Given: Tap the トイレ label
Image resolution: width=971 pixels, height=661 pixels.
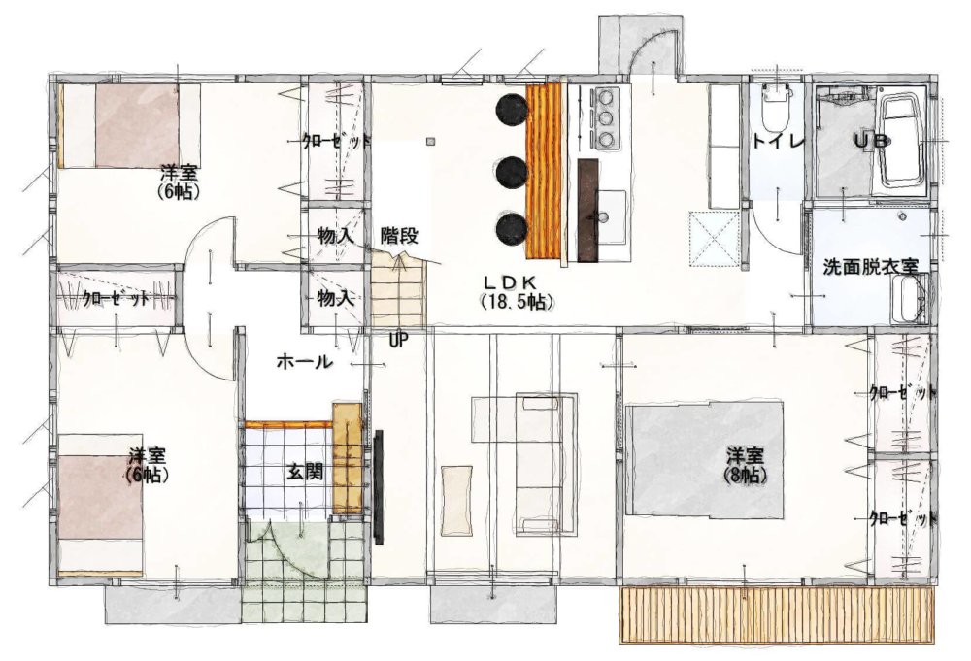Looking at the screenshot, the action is pos(778,141).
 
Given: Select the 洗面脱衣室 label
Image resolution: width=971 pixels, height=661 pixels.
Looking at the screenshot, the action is pos(870,267).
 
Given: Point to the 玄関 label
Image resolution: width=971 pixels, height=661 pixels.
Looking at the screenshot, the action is pos(303,473).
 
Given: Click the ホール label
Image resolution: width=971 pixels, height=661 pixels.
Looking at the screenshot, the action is pos(304,361).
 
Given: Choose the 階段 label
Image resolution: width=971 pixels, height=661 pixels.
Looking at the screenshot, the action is pos(399,235).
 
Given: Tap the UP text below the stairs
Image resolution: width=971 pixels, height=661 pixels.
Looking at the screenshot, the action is pos(398,340).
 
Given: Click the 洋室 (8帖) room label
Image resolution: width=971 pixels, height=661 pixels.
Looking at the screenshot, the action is pos(745,466).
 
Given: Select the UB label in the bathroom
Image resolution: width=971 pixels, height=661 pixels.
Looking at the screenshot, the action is pos(872,141).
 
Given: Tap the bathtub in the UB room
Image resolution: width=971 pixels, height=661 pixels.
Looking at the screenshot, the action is pos(902,144).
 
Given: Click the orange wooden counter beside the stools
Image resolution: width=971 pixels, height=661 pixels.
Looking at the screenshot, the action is pos(543,171).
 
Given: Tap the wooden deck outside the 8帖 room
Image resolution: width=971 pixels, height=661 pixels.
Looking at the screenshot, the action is pos(777,615).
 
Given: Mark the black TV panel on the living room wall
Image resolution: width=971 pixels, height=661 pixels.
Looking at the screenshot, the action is pos(379,487).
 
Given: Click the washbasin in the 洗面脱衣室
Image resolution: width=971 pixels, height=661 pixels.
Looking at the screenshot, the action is pos(909,300).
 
